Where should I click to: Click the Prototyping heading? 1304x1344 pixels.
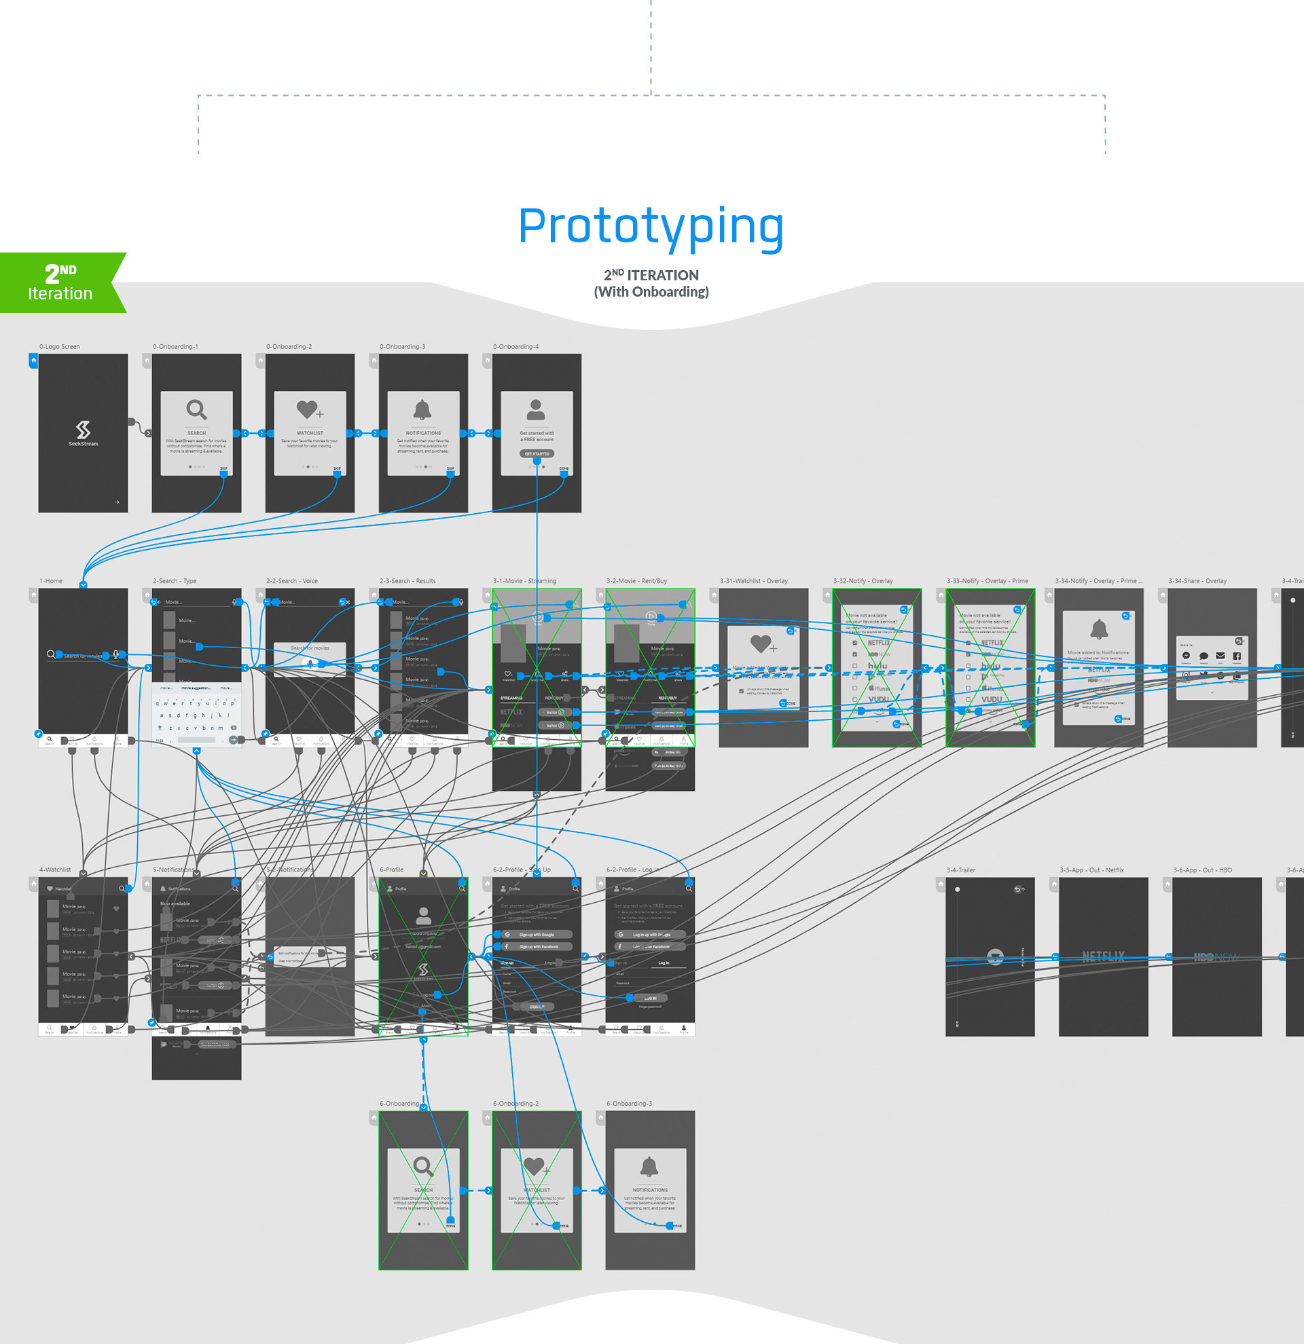click(x=650, y=226)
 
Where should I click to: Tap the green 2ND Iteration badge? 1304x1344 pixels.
click(x=60, y=282)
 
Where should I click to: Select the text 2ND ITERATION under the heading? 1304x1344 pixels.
click(x=651, y=275)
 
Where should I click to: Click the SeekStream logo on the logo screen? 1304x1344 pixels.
click(x=83, y=430)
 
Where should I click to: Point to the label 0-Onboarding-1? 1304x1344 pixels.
click(x=175, y=346)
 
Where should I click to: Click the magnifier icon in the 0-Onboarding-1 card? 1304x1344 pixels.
click(x=196, y=409)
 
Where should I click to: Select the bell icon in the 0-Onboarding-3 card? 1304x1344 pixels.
click(x=422, y=409)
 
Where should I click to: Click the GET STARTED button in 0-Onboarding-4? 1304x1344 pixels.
click(x=537, y=453)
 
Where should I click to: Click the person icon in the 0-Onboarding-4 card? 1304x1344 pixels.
click(x=536, y=409)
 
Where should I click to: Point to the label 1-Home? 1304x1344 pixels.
click(x=51, y=581)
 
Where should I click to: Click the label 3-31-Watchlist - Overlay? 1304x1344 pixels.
click(x=753, y=581)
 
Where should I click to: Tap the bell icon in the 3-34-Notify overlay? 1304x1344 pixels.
click(x=1099, y=628)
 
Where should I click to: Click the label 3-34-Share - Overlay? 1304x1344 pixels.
click(x=1197, y=581)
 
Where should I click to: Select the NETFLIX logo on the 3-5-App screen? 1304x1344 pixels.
click(x=1103, y=956)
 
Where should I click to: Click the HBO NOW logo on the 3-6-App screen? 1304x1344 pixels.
click(x=1216, y=956)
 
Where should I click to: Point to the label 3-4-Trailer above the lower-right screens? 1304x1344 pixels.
click(x=960, y=870)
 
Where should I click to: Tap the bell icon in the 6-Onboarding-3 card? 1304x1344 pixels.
click(x=649, y=1165)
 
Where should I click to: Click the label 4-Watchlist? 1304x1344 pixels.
click(x=55, y=870)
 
